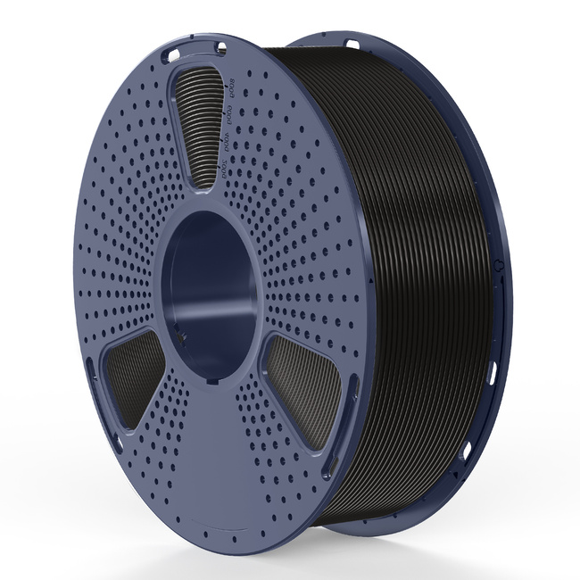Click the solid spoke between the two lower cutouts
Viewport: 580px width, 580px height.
pyautogui.click(x=214, y=428)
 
